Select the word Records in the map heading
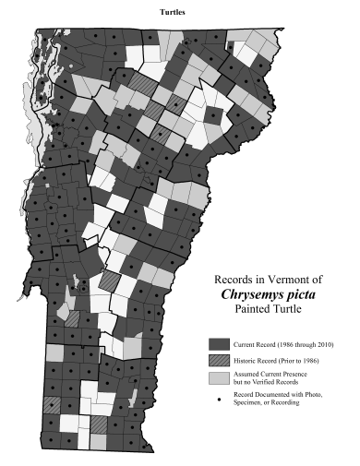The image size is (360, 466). (234, 278)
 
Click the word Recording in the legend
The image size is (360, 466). (293, 402)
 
